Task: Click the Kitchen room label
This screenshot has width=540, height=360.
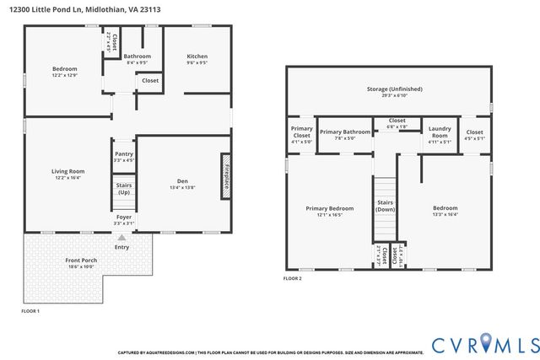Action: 197,57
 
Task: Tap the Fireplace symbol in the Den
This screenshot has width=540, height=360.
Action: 226,175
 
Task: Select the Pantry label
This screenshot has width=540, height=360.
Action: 123,153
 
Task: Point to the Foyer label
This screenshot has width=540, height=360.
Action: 123,218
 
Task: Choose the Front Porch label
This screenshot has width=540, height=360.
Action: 81,261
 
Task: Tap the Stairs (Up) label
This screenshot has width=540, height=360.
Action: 123,189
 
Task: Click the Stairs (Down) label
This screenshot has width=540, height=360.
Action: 386,206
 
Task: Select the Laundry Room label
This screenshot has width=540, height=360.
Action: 440,132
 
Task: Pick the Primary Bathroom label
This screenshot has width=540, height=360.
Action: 344,132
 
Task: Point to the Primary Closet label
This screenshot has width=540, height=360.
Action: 301,132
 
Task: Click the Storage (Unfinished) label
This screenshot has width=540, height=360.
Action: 394,89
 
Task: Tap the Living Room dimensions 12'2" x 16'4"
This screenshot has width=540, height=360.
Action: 68,178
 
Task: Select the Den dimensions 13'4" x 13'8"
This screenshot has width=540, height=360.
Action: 181,187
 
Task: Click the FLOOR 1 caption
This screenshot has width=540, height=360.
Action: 30,311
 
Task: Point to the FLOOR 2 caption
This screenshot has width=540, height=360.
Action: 292,278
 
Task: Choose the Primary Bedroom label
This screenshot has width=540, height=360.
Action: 329,207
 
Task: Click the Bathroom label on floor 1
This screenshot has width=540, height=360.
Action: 137,56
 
